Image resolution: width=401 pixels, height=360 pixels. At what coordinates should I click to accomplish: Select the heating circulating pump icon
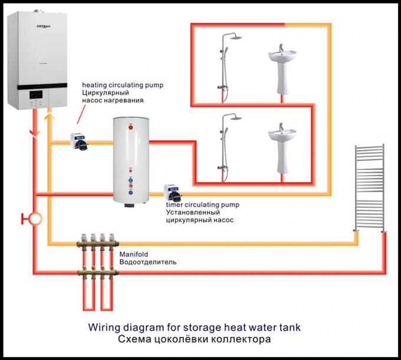click(80, 141)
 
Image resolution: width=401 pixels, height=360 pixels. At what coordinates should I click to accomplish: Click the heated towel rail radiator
click(369, 187)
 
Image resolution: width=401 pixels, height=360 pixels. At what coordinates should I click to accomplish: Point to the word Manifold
click(133, 254)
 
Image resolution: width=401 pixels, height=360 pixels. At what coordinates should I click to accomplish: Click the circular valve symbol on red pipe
click(35, 219)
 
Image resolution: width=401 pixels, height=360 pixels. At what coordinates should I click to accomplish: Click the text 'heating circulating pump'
click(123, 85)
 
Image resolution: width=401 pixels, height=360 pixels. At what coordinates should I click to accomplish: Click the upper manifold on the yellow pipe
click(98, 242)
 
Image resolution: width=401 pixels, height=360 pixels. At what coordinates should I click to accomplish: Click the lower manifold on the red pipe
click(98, 272)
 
